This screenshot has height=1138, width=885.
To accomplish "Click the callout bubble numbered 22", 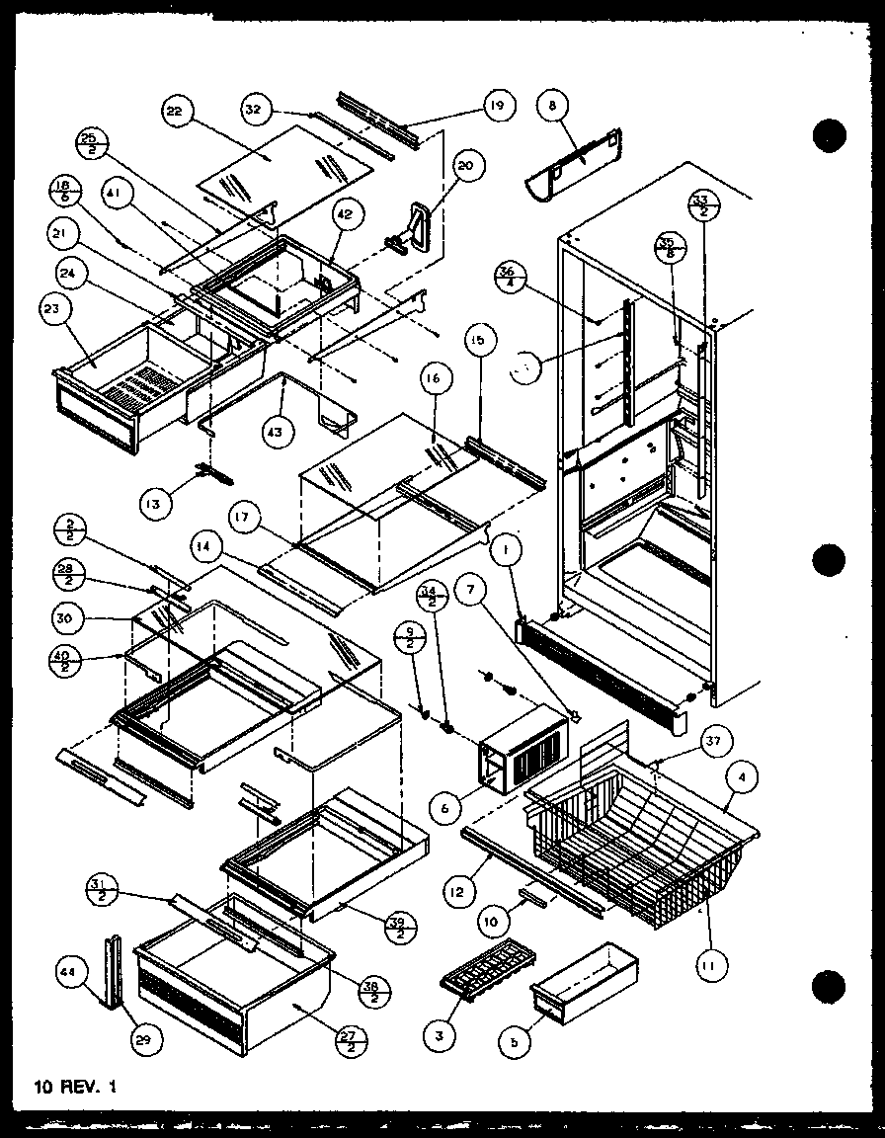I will [x=174, y=114].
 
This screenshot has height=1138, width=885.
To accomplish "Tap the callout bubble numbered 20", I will [x=465, y=166].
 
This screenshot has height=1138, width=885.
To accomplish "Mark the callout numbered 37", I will [x=711, y=741].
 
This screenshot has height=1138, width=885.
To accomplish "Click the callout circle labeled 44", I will [x=67, y=973].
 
